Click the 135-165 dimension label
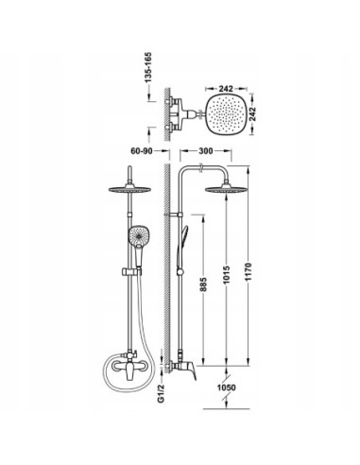pos(148,67)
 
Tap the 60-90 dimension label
pos(142,151)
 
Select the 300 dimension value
pos(206,151)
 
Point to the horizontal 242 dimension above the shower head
pos(226,89)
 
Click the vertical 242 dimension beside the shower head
pos(252,114)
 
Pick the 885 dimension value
pos(204,284)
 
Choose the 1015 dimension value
pos(227,275)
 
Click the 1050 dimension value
pos(226,387)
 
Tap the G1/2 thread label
pos(162,393)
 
